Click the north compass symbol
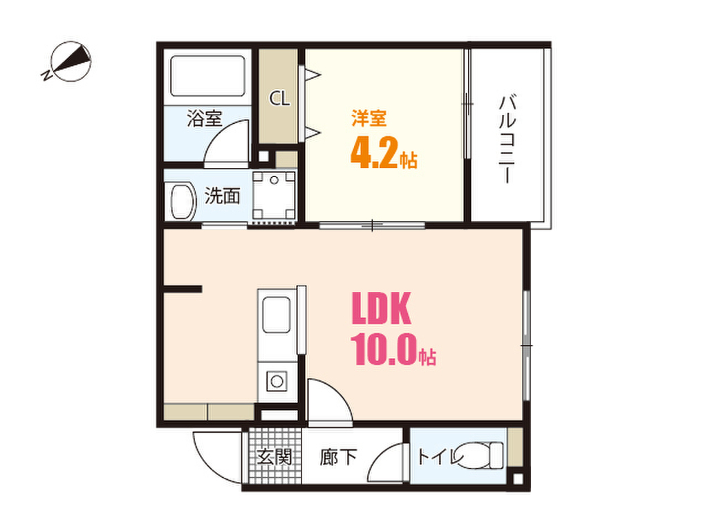click(69, 63)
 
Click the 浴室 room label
click(204, 118)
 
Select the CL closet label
click(279, 99)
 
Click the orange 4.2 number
click(374, 153)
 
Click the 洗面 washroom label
click(222, 196)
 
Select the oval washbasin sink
click(180, 201)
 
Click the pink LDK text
click(382, 310)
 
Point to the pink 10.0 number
click(384, 349)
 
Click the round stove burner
click(277, 380)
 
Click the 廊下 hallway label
click(339, 458)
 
